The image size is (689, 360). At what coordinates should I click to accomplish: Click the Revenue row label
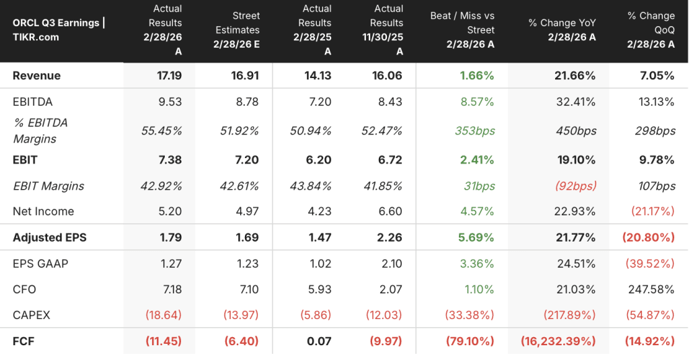coord(37,75)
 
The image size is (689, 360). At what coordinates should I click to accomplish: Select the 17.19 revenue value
coord(169,75)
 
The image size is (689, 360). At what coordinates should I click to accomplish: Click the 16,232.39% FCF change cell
coord(558,341)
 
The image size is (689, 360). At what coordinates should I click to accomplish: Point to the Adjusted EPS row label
coord(50,237)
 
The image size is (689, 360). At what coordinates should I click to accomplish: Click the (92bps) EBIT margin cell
coord(576,186)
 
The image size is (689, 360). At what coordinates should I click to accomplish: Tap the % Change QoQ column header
coord(651,30)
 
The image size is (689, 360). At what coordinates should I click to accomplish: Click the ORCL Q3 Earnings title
coord(59,30)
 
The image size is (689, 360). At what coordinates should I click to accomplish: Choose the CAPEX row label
coord(32,315)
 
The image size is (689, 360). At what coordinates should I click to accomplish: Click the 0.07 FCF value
coord(319,341)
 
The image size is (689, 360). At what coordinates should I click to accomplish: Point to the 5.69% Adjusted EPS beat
coord(476,237)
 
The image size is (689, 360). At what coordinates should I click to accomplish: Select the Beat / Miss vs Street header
coord(462,30)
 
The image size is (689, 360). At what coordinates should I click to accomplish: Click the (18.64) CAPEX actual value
coord(163,315)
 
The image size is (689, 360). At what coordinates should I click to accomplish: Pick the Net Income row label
coord(44,211)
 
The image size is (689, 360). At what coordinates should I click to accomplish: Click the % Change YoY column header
coord(562,30)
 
